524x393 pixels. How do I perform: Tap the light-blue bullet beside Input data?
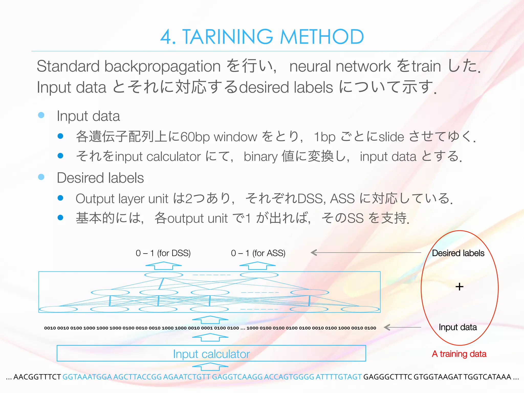pos(41,115)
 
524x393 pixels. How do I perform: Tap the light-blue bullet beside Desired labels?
pos(41,177)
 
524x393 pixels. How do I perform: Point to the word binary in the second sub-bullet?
pos(260,156)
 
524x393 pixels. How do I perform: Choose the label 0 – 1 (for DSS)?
pos(163,253)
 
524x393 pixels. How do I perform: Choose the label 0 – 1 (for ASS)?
pos(258,253)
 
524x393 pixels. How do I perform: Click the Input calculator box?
pos(211,354)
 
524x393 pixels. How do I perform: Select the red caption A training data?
pos(459,354)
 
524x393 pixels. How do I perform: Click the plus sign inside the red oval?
pos(460,287)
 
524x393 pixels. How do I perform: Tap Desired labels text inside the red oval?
pos(458,253)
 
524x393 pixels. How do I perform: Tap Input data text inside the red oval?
pos(458,327)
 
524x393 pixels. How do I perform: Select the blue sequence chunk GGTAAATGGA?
pos(87,377)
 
